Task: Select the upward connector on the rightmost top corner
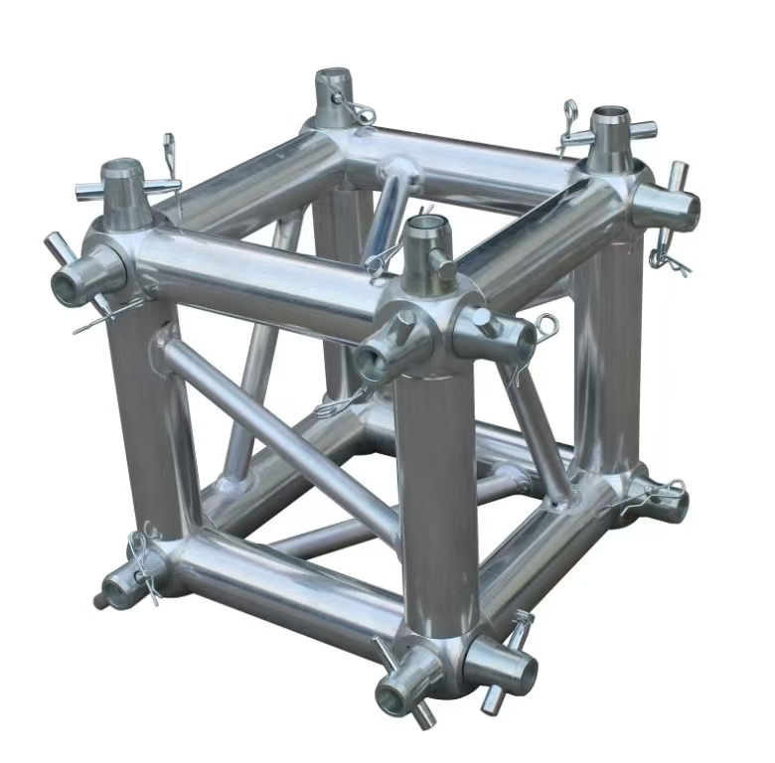coord(612,137)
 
